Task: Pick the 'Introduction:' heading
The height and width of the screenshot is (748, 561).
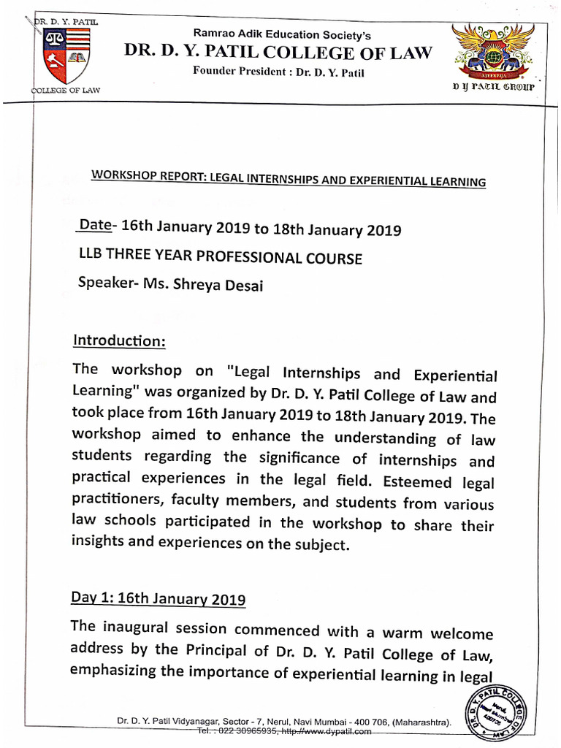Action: [x=119, y=341]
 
